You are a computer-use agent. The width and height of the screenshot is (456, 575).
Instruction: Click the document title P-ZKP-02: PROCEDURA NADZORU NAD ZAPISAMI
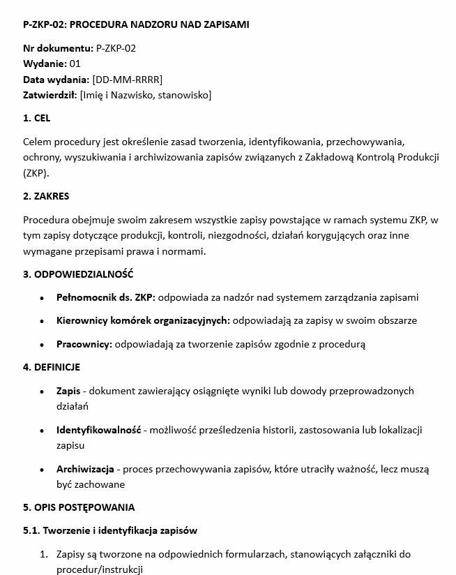pyautogui.click(x=136, y=24)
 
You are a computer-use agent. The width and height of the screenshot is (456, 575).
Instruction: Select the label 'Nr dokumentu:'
pyautogui.click(x=57, y=48)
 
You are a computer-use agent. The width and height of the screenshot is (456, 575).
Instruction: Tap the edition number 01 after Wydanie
pyautogui.click(x=75, y=64)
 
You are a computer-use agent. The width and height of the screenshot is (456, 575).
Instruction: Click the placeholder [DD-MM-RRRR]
pyautogui.click(x=127, y=79)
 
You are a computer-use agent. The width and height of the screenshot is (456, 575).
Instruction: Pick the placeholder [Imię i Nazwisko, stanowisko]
pyautogui.click(x=146, y=94)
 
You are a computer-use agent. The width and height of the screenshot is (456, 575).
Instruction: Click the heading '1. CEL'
pyautogui.click(x=37, y=118)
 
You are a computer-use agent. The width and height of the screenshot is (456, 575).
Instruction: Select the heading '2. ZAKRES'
pyautogui.click(x=46, y=196)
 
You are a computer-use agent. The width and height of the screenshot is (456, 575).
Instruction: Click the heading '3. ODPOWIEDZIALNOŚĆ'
pyautogui.click(x=78, y=274)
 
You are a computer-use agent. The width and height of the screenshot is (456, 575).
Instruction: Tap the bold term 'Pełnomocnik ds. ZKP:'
pyautogui.click(x=106, y=297)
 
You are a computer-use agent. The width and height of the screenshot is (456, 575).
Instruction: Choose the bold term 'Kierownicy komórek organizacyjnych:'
pyautogui.click(x=143, y=320)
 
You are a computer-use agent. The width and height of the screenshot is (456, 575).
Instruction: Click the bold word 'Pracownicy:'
pyautogui.click(x=84, y=344)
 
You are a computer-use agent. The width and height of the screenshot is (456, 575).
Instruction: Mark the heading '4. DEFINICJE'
pyautogui.click(x=52, y=367)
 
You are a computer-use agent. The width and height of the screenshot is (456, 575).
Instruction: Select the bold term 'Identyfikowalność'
pyautogui.click(x=99, y=429)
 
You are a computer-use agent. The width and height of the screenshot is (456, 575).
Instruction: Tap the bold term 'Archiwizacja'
pyautogui.click(x=85, y=468)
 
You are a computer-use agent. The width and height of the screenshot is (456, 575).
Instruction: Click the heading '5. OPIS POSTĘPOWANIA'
pyautogui.click(x=79, y=507)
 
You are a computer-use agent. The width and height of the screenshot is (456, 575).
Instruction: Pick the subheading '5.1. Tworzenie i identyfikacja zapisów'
pyautogui.click(x=110, y=530)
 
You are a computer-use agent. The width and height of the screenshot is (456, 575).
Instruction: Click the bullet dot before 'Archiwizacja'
pyautogui.click(x=45, y=469)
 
